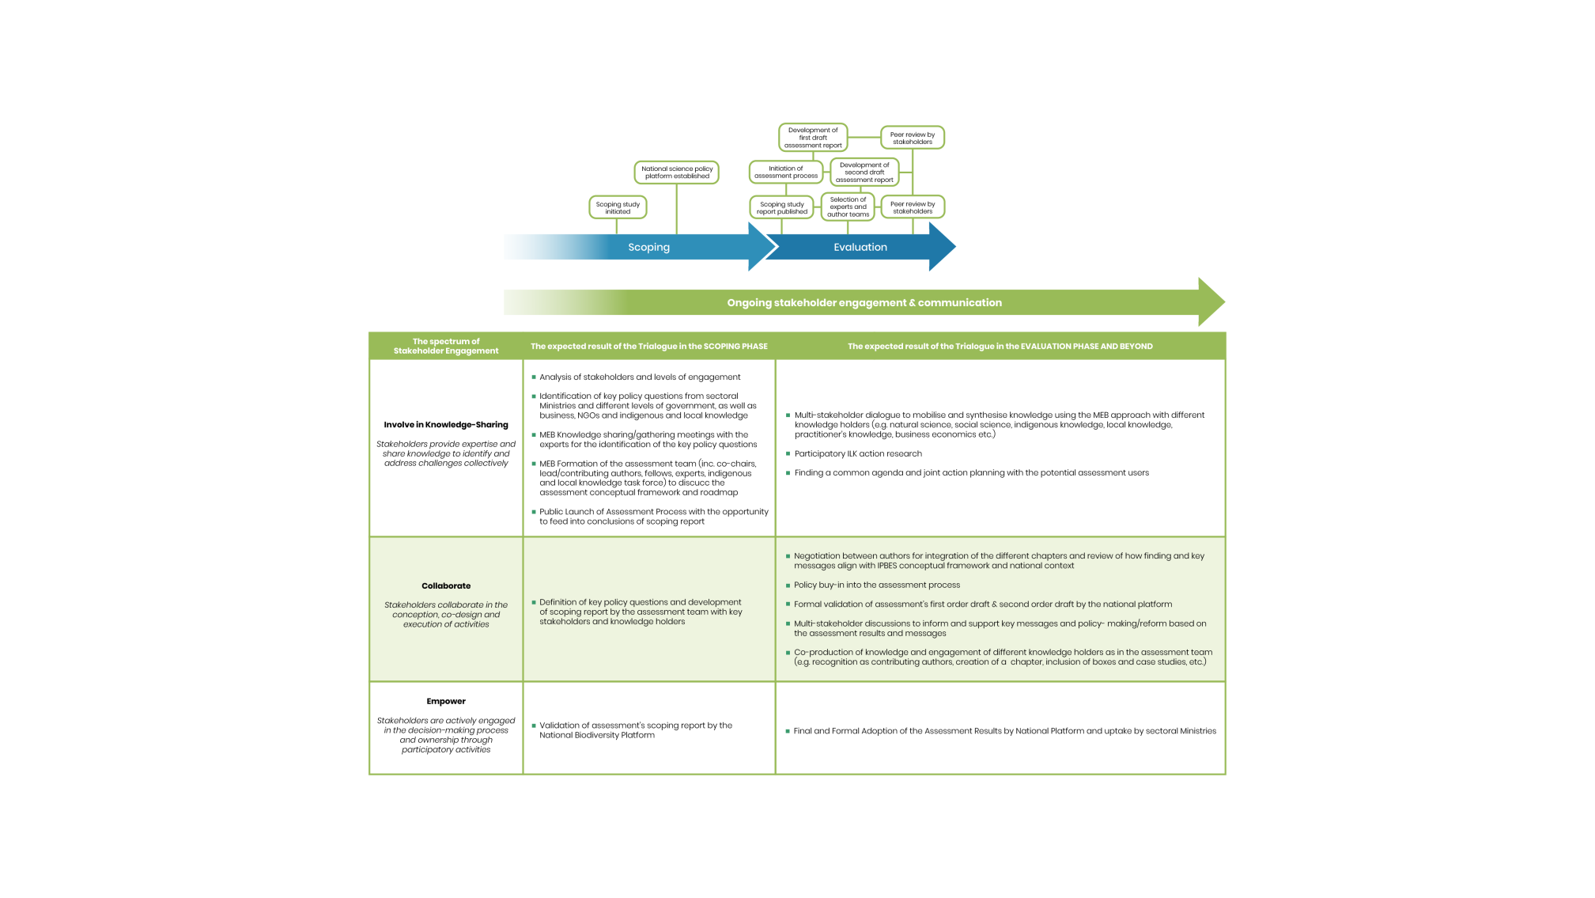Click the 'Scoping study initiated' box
click(x=618, y=207)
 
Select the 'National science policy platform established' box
click(x=676, y=172)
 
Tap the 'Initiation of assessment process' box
click(x=785, y=172)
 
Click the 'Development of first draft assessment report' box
click(x=812, y=138)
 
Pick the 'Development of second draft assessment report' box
click(x=864, y=172)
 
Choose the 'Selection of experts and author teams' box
click(x=848, y=207)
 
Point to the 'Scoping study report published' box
click(x=781, y=207)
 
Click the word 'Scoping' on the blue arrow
click(x=648, y=248)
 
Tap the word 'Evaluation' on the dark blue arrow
click(x=860, y=248)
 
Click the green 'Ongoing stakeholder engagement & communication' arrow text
click(x=864, y=303)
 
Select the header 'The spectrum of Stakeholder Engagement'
click(x=446, y=347)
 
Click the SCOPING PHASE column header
click(x=648, y=347)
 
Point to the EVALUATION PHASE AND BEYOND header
click(x=1000, y=347)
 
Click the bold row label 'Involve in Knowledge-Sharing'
click(x=446, y=425)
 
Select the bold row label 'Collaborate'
click(x=446, y=586)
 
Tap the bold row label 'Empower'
click(x=446, y=702)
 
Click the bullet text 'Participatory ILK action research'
click(x=858, y=454)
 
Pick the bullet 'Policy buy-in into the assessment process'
click(x=877, y=585)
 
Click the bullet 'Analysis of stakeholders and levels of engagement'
click(x=640, y=377)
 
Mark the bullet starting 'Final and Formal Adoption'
click(x=1004, y=731)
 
